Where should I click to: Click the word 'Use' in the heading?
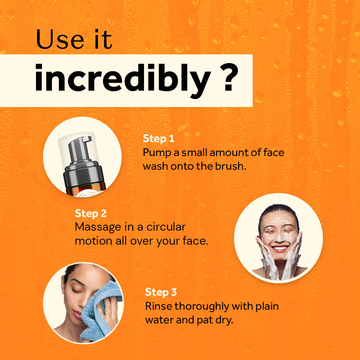pyautogui.click(x=60, y=39)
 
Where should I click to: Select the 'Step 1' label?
pyautogui.click(x=158, y=138)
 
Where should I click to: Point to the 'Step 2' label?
pyautogui.click(x=91, y=213)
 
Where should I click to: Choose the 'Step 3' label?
pyautogui.click(x=161, y=292)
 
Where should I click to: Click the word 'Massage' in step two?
pyautogui.click(x=98, y=227)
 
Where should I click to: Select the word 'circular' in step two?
pyautogui.click(x=166, y=227)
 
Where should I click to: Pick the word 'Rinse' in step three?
pyautogui.click(x=159, y=306)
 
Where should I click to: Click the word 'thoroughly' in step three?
pyautogui.click(x=202, y=307)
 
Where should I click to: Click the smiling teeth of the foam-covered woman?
pyautogui.click(x=280, y=248)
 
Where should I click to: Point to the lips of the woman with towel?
pyautogui.click(x=77, y=314)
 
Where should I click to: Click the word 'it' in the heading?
pyautogui.click(x=103, y=39)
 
